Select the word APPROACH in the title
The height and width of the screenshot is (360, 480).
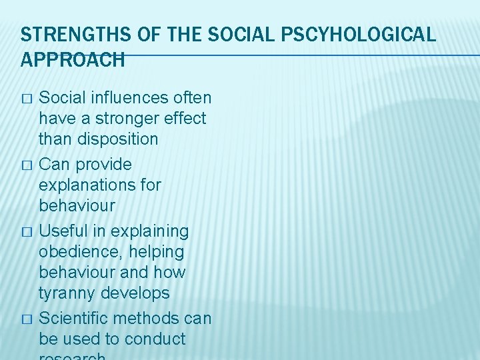click(73, 60)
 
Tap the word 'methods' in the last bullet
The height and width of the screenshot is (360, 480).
click(156, 319)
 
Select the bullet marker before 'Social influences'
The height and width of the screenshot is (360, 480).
click(26, 99)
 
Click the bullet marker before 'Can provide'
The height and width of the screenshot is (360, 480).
click(26, 165)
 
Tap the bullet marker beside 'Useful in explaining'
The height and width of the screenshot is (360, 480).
click(26, 232)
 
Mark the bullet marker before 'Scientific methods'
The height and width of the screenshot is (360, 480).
click(26, 319)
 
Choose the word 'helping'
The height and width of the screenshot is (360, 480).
click(157, 252)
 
